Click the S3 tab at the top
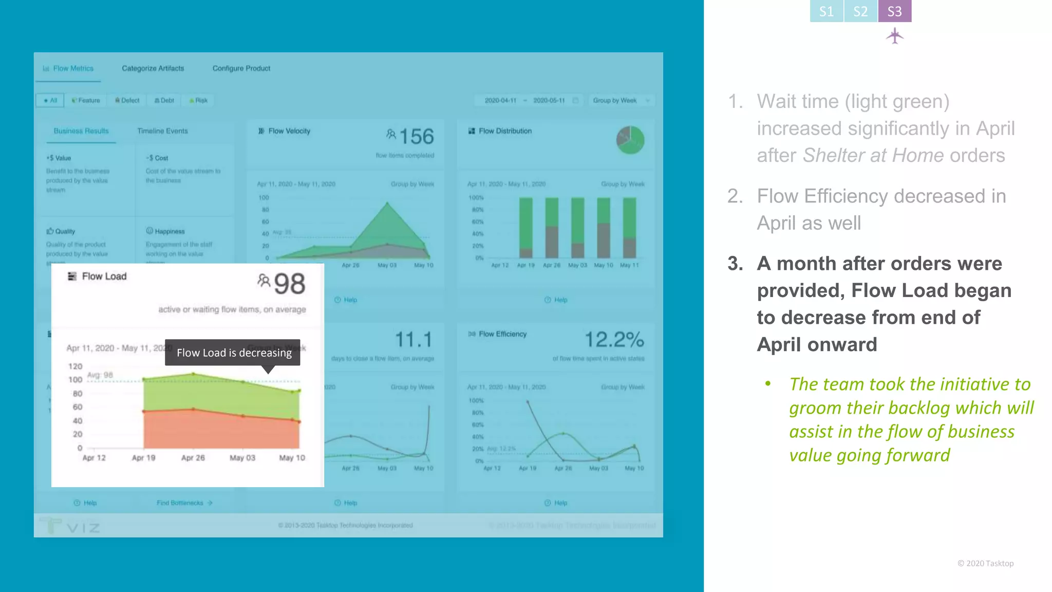(894, 11)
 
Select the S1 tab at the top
(826, 11)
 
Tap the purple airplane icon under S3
(895, 36)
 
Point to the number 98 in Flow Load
(289, 284)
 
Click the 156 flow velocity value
(416, 137)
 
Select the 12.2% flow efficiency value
(614, 340)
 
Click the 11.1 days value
(414, 340)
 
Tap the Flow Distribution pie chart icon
(630, 140)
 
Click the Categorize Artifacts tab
(153, 68)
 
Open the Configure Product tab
(241, 68)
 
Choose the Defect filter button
(127, 100)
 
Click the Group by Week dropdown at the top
(621, 100)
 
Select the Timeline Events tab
(162, 131)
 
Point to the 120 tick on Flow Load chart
(75, 366)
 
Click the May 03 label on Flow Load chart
(242, 457)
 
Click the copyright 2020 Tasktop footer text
(985, 563)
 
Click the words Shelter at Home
(873, 155)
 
